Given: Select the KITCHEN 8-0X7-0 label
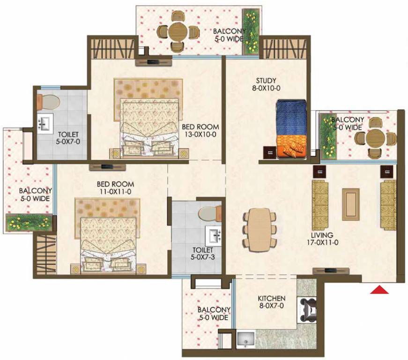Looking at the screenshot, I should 272,302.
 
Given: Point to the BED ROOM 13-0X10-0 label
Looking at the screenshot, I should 200,131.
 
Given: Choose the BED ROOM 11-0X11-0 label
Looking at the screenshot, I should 115,187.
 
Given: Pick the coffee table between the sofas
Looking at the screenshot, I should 350,204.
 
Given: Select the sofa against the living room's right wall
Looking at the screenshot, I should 387,204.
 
